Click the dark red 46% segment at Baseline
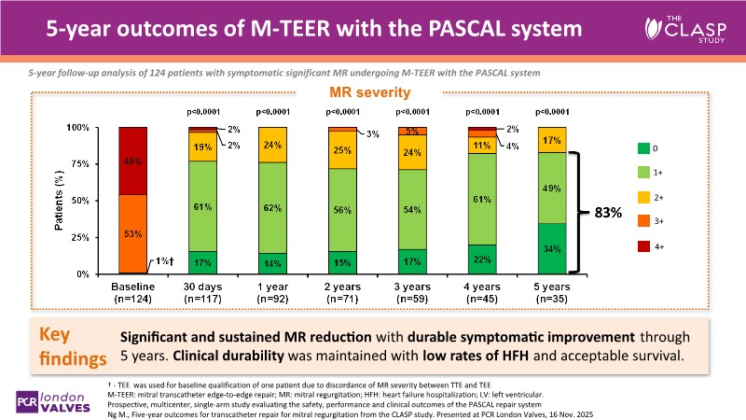(134, 161)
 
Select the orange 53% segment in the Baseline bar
(134, 234)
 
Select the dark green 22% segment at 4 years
(483, 259)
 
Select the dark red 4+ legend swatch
(642, 246)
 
